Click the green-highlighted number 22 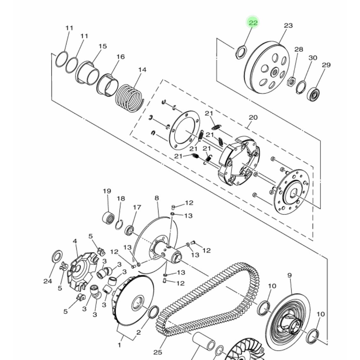click(x=253, y=23)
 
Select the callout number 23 click(x=288, y=25)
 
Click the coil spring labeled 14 click(x=129, y=98)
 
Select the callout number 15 click(x=103, y=46)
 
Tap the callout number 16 click(x=121, y=57)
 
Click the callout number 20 click(x=253, y=117)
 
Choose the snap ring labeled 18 click(x=119, y=225)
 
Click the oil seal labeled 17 click(x=129, y=230)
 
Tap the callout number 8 click(x=156, y=198)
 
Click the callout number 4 click(x=75, y=241)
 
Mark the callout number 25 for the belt click(x=158, y=352)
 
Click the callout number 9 click(x=290, y=275)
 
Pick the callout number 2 click(x=139, y=333)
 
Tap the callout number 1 click(x=119, y=345)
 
